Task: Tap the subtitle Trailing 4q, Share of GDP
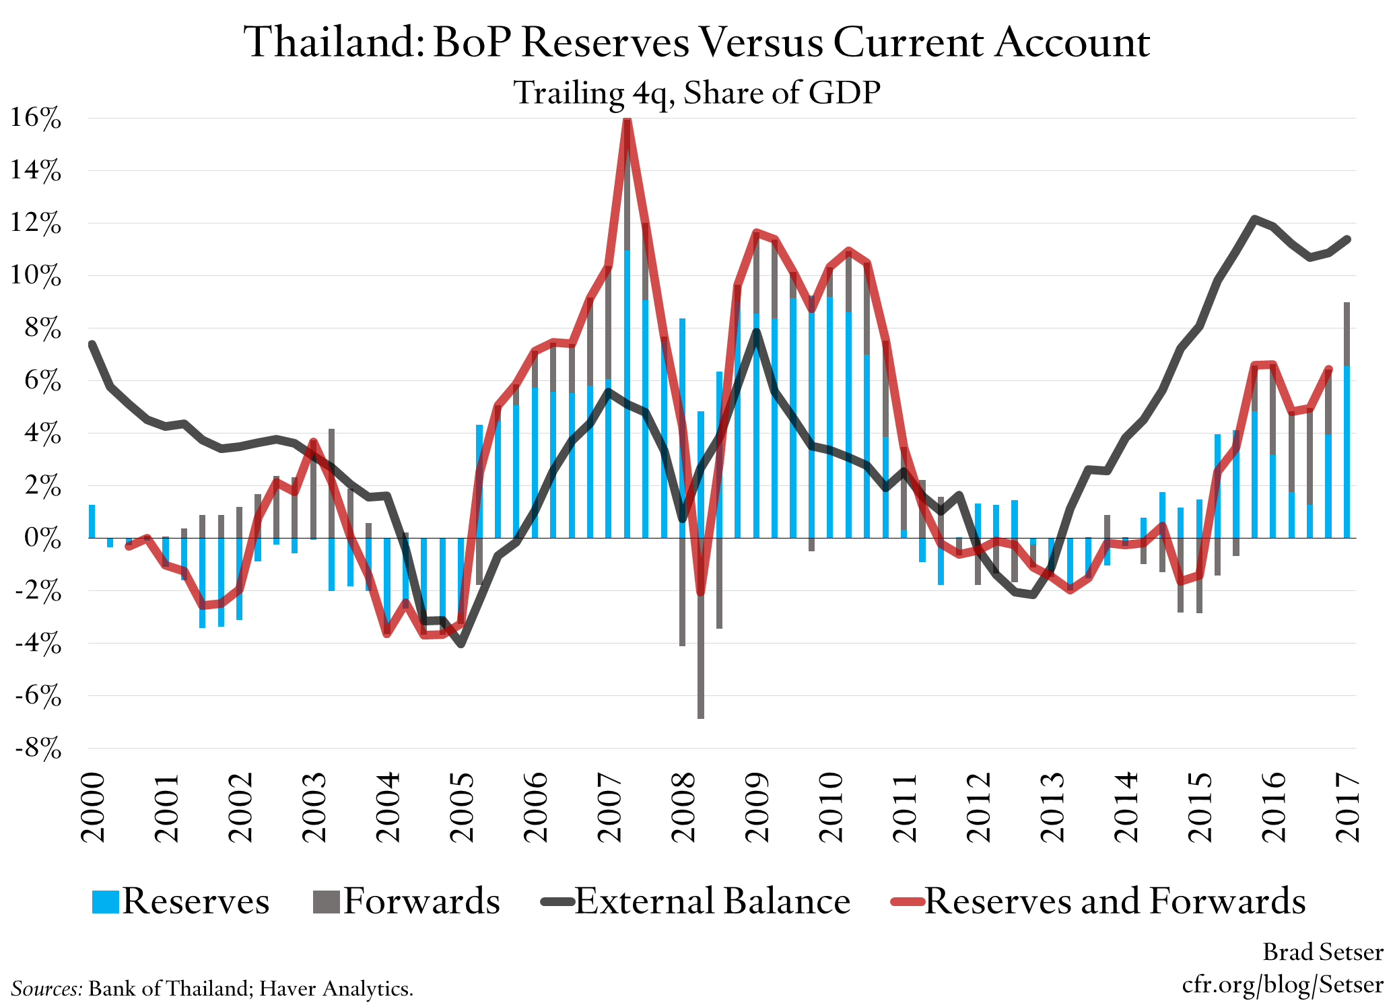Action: coord(697,93)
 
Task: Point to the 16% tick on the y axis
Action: coord(35,118)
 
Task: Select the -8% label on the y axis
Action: coord(38,749)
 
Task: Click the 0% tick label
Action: coord(42,539)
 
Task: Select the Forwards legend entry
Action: coord(407,901)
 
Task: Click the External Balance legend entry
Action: coord(697,901)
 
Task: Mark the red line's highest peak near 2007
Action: coord(627,121)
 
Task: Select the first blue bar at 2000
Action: coord(92,521)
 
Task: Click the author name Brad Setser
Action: coord(1322,952)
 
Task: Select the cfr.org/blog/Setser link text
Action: coord(1282,985)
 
